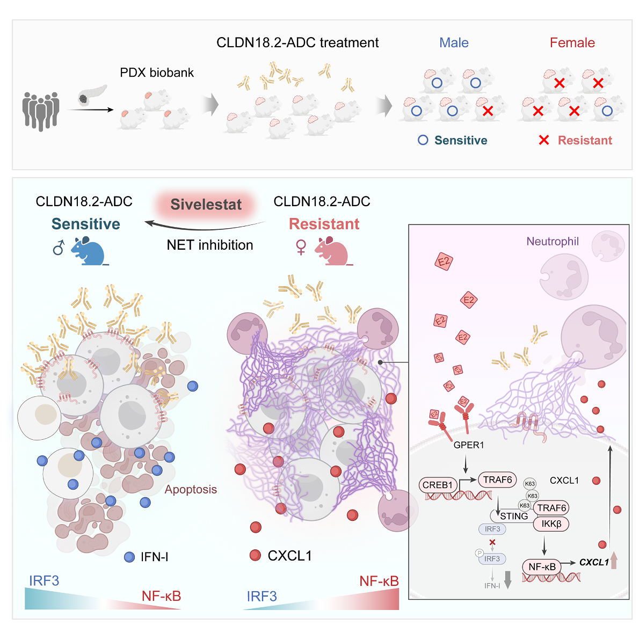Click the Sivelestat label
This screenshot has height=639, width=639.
(206, 204)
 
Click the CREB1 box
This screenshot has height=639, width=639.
(438, 485)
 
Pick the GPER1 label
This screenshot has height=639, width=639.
(469, 445)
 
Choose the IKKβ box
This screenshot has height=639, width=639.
(551, 524)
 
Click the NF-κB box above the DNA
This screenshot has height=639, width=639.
(542, 567)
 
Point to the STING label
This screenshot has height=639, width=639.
(514, 517)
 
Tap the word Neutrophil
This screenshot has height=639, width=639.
(552, 241)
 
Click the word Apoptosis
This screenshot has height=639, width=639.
(191, 489)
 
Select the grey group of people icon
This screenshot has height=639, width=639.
(41, 111)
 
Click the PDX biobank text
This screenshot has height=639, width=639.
(157, 72)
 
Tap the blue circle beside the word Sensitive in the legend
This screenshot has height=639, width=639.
(423, 140)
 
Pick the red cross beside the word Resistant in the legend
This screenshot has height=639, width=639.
(543, 140)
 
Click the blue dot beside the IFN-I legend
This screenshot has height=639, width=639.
(129, 557)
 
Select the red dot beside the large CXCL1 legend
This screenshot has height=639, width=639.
(255, 555)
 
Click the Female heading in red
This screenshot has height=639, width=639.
(572, 42)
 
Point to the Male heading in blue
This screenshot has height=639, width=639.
(454, 42)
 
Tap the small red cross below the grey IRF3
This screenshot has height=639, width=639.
(492, 542)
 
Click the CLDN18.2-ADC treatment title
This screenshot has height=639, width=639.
(297, 42)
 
